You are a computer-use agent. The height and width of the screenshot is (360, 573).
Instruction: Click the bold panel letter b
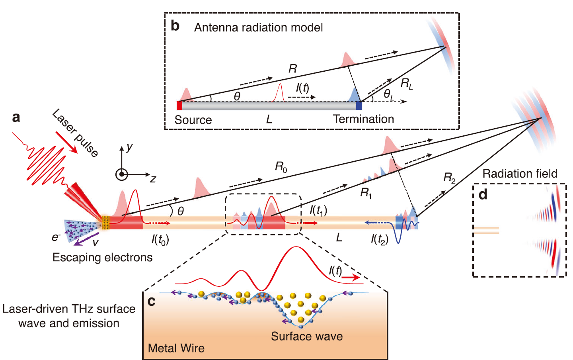click(175, 26)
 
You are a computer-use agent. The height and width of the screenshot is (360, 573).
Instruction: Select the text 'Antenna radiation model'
click(258, 27)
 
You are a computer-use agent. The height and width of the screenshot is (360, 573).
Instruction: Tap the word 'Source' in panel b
click(193, 120)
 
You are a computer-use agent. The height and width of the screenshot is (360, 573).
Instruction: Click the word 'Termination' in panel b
click(363, 119)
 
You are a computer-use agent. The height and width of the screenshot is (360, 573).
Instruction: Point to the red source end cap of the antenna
click(179, 105)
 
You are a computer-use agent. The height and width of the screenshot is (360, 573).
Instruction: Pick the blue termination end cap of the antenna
click(359, 105)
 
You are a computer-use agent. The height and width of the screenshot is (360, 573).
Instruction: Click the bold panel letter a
click(16, 117)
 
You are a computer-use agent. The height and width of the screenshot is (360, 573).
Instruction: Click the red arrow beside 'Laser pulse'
click(66, 143)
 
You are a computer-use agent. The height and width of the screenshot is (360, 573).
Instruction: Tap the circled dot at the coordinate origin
click(121, 174)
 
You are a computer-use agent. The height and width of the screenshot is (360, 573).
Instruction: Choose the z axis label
click(153, 179)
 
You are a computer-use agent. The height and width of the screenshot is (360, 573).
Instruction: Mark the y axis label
click(129, 147)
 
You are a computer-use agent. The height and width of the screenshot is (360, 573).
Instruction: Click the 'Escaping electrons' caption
click(102, 257)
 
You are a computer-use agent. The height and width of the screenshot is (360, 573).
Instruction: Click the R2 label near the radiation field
click(449, 178)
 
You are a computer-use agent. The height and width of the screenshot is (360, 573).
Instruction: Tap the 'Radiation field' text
click(520, 174)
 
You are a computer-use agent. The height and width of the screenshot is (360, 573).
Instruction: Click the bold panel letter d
click(483, 194)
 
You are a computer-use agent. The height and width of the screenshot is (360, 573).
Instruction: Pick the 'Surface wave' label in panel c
click(307, 336)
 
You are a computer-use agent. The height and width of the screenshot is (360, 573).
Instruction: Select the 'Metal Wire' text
click(176, 348)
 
